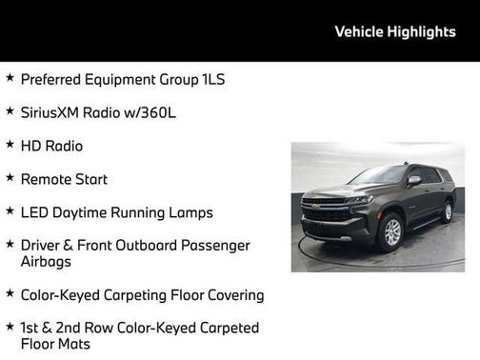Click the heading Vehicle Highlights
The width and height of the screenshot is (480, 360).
tap(395, 31)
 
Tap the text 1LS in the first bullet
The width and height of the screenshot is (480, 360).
tap(212, 80)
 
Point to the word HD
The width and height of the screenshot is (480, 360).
tap(30, 146)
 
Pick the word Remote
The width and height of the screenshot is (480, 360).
tap(46, 179)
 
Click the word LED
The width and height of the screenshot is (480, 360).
tap(35, 212)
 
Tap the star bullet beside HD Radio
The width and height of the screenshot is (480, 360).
tap(9, 145)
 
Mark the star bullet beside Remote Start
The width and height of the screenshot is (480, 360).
tap(9, 178)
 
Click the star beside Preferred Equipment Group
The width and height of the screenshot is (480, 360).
tap(9, 79)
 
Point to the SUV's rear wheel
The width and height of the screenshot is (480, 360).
tap(447, 211)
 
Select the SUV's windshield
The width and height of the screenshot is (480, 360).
tap(379, 176)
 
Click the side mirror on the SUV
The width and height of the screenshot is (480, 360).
tap(414, 180)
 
